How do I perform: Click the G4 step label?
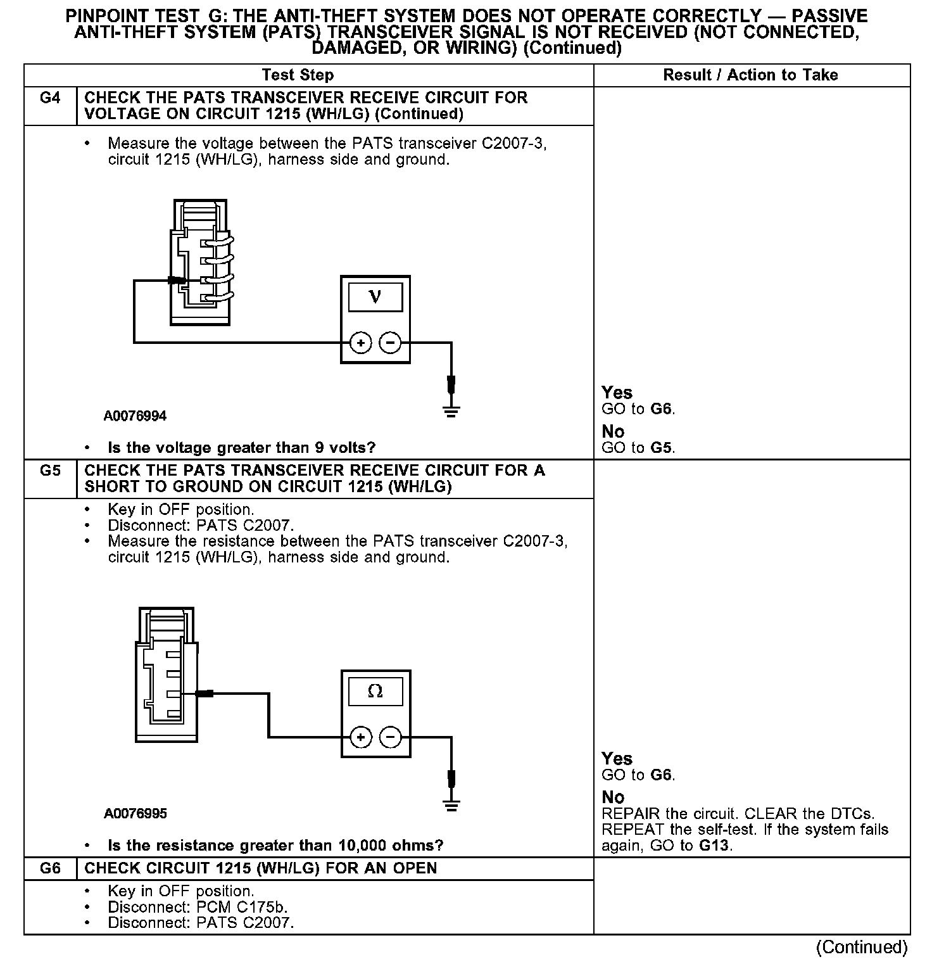(x=50, y=98)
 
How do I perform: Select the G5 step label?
(x=50, y=471)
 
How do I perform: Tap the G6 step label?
(x=50, y=868)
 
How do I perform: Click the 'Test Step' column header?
(x=298, y=75)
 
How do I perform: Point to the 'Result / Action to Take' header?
(x=750, y=75)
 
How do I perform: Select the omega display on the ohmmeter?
(x=375, y=691)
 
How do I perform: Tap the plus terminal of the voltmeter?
(x=360, y=343)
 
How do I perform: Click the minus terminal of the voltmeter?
(x=390, y=343)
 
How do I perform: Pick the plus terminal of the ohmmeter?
(x=360, y=737)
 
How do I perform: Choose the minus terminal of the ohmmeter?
(x=390, y=737)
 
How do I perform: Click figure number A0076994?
(x=135, y=416)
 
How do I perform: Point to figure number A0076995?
(x=135, y=814)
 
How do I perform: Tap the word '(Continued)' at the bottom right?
(x=862, y=948)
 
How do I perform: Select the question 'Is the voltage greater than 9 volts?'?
(x=242, y=448)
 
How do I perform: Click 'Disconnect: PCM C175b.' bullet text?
(x=198, y=907)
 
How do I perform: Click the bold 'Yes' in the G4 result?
(x=617, y=393)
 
